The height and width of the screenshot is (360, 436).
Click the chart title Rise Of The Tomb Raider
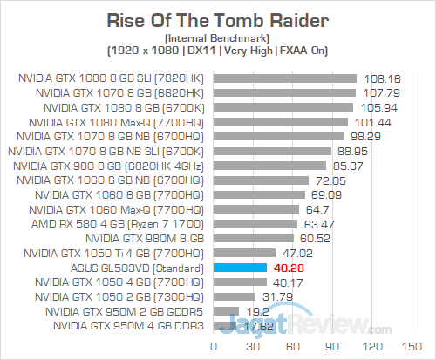tap(217, 19)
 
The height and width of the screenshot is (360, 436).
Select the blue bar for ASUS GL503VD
tap(234, 268)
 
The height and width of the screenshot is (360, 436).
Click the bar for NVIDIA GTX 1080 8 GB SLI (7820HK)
tap(284, 78)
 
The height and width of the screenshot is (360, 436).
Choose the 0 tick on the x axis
tap(214, 344)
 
